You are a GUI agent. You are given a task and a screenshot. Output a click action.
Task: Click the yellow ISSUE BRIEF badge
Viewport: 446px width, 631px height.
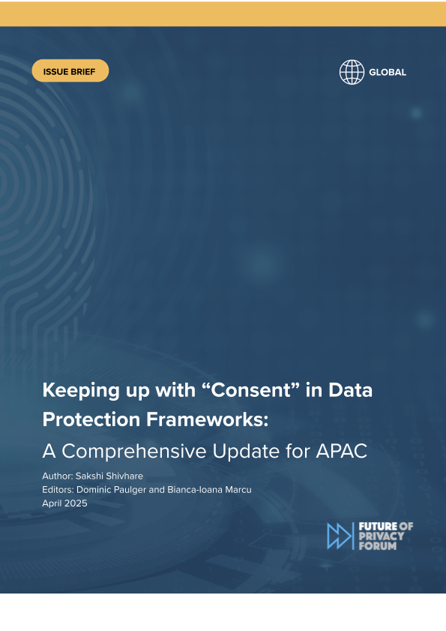click(70, 71)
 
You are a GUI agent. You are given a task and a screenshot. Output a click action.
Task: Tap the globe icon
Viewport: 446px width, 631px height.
click(352, 72)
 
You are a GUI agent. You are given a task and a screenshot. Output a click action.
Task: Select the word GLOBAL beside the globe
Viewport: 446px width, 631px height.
click(388, 73)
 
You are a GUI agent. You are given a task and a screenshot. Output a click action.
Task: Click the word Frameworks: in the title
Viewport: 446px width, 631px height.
click(207, 419)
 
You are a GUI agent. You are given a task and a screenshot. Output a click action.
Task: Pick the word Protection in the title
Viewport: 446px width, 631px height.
click(91, 419)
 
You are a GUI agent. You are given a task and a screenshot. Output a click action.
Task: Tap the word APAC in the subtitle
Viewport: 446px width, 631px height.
click(342, 451)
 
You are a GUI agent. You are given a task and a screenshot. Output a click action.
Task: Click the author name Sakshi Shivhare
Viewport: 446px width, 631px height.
click(109, 476)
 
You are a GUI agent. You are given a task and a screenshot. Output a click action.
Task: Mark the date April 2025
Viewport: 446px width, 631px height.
click(64, 503)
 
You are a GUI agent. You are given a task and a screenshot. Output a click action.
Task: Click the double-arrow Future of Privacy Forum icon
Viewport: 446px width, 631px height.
click(340, 536)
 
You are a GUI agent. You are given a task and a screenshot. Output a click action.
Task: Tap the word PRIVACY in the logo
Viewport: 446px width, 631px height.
click(382, 536)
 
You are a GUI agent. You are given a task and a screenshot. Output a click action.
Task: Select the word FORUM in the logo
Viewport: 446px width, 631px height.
click(378, 546)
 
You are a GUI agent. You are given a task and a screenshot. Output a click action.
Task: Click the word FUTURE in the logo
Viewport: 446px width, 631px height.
click(378, 527)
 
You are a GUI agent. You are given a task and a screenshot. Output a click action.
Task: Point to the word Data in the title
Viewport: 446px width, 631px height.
click(350, 390)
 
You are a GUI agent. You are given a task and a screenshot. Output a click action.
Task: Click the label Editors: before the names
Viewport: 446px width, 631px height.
click(58, 490)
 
